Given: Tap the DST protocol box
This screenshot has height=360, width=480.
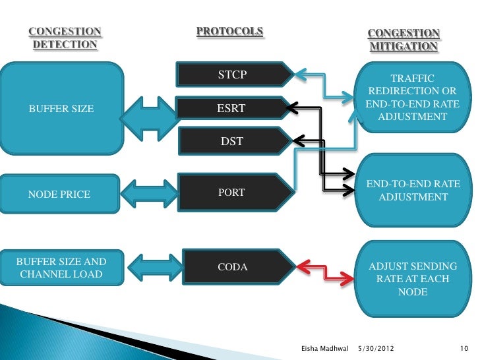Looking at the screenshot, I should (233, 140).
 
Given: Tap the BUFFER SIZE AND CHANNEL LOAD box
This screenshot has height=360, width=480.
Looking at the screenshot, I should (62, 267).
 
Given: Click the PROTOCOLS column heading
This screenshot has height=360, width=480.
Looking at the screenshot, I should (229, 32).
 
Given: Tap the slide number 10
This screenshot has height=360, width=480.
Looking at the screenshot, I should (463, 347).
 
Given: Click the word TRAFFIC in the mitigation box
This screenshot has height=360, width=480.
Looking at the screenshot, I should (413, 78).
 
